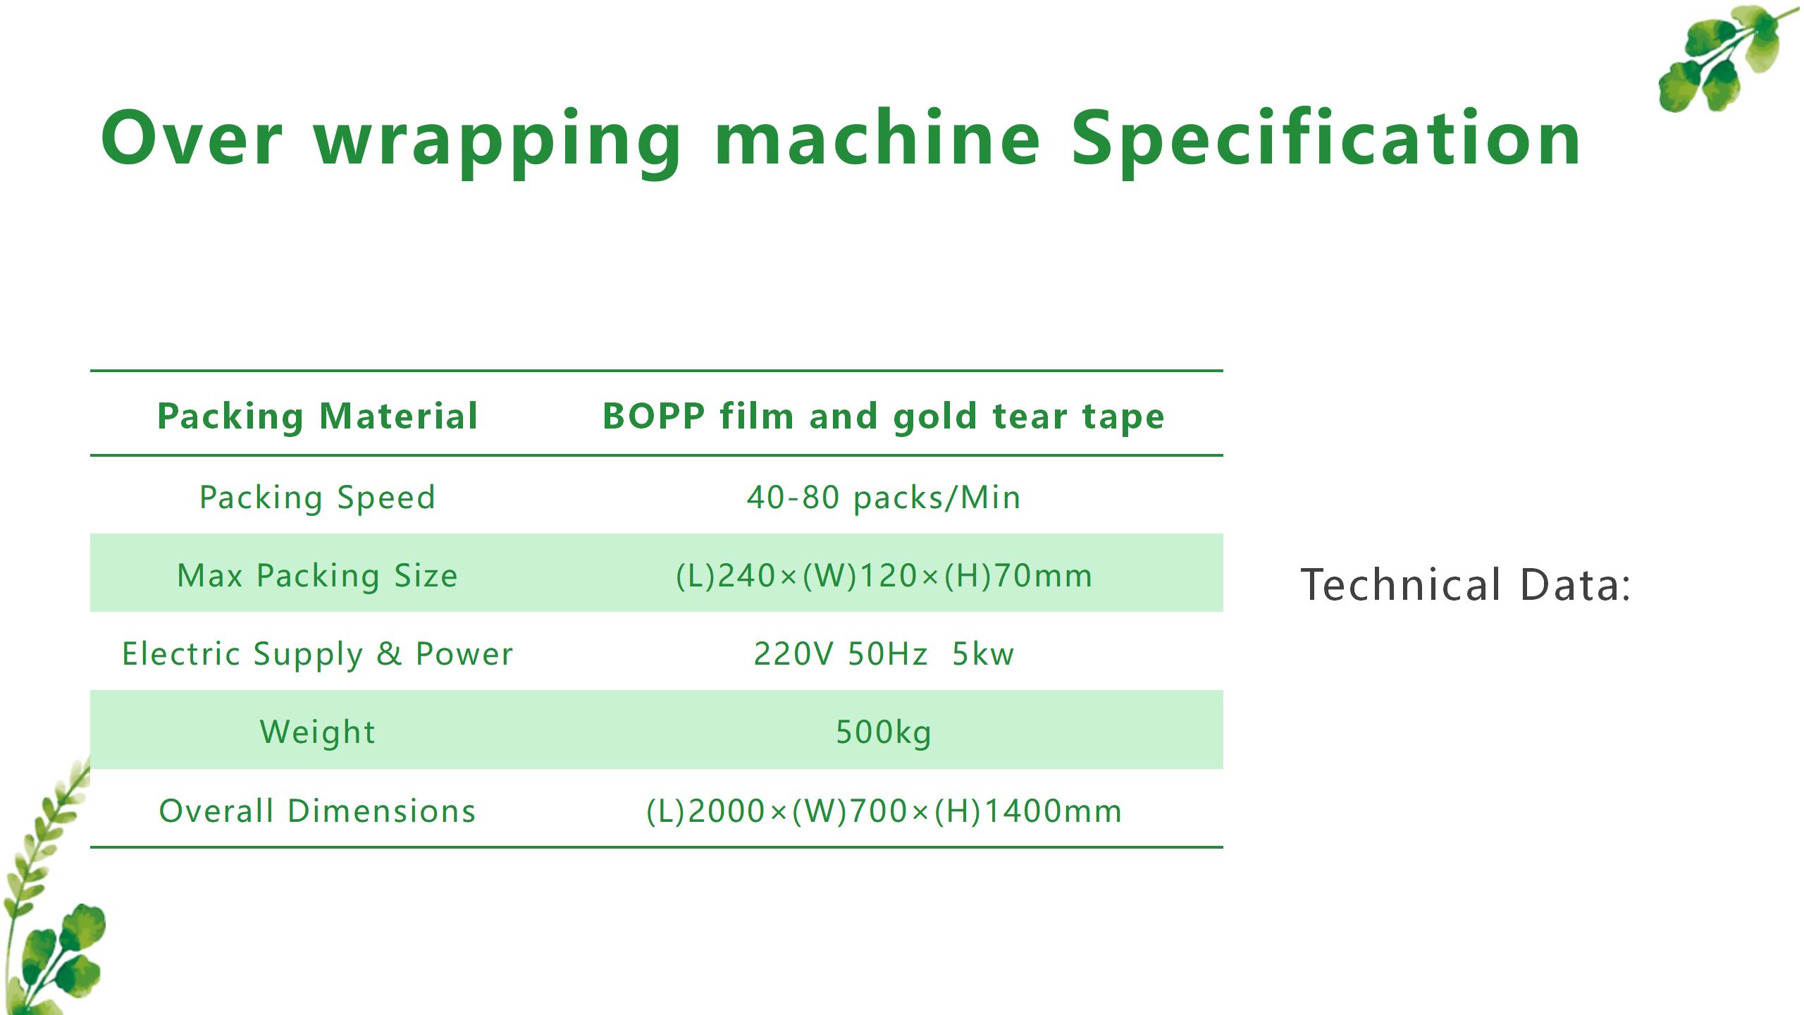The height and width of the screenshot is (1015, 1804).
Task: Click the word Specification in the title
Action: (x=1326, y=140)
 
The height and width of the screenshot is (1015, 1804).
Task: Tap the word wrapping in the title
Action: (x=498, y=144)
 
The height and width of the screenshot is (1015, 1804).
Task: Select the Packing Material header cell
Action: (x=318, y=416)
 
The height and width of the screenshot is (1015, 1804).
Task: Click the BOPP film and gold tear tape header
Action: (x=884, y=416)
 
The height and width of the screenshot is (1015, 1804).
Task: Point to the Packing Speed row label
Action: (x=318, y=498)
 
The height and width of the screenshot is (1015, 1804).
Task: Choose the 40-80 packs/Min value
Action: (x=884, y=498)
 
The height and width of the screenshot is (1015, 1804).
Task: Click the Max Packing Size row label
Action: (x=318, y=576)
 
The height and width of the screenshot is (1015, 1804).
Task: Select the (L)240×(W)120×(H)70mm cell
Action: (x=884, y=576)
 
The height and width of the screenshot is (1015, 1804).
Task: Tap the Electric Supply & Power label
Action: (x=318, y=654)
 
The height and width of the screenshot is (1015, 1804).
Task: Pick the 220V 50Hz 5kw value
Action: (x=884, y=654)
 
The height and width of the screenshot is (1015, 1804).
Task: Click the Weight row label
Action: (x=318, y=732)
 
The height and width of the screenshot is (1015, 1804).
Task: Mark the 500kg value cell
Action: (x=884, y=732)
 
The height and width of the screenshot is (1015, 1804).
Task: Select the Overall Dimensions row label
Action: (x=318, y=811)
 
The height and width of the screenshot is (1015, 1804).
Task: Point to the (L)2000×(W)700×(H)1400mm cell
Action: (x=884, y=811)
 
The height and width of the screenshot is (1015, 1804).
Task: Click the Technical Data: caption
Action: (x=1466, y=585)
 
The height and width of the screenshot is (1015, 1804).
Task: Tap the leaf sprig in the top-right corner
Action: (x=1726, y=56)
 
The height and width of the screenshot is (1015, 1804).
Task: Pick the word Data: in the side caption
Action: (x=1576, y=585)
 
